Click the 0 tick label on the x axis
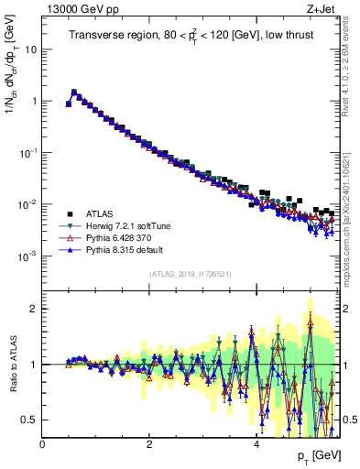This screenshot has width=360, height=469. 43,443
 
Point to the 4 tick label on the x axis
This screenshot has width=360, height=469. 256,443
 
